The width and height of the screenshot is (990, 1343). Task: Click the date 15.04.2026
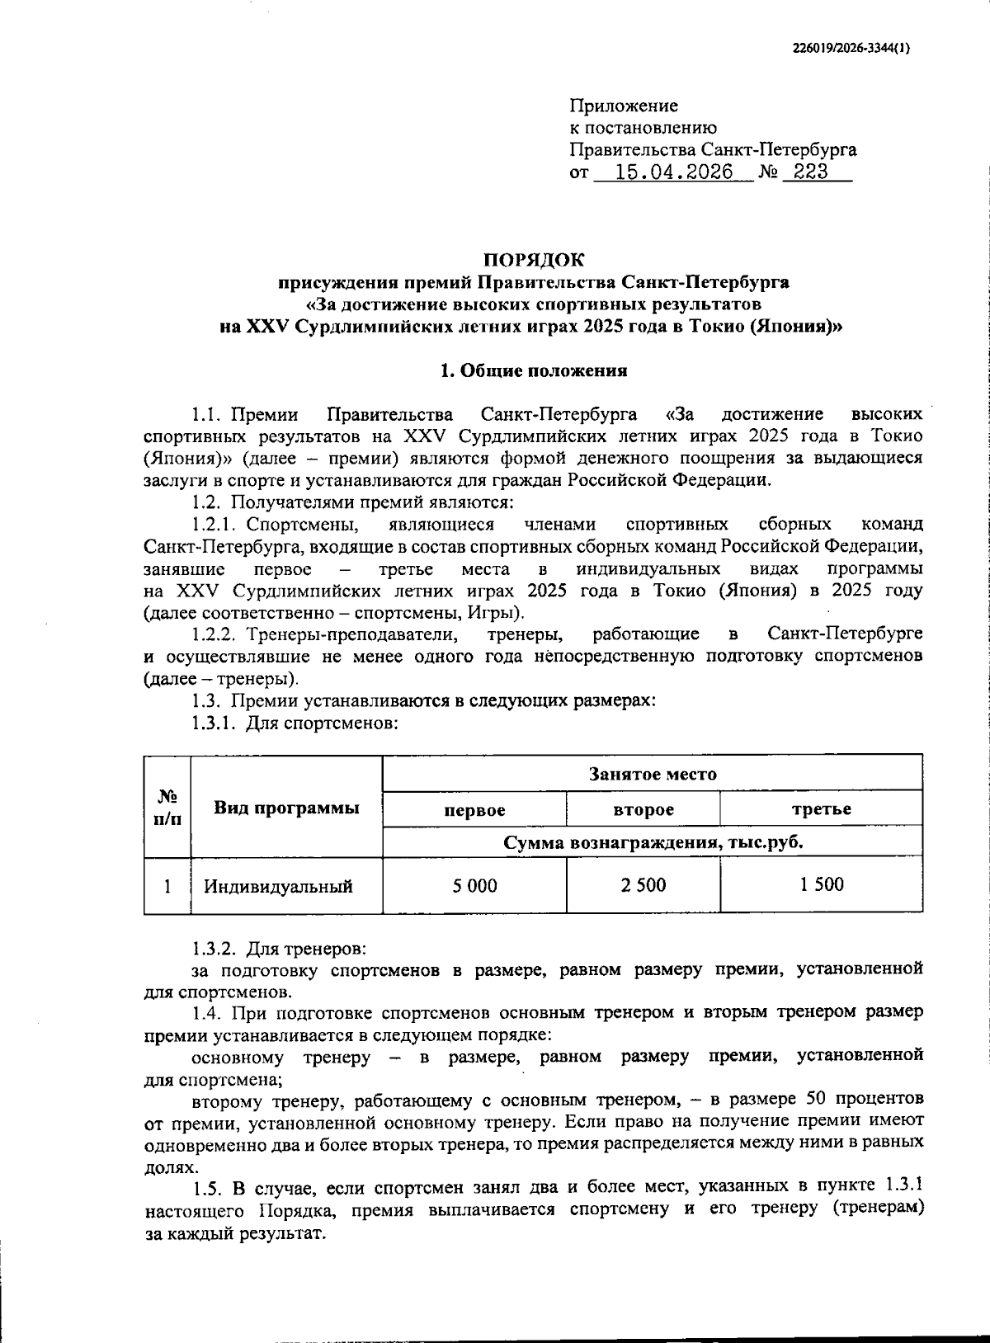[674, 172]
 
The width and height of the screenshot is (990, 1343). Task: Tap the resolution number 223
[804, 172]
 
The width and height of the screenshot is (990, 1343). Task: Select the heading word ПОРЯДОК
[533, 260]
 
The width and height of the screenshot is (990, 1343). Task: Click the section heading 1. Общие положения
[533, 370]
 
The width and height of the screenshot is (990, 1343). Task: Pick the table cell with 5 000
[474, 886]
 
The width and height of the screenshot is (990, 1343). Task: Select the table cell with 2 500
[643, 886]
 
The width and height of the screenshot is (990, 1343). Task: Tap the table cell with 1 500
[821, 885]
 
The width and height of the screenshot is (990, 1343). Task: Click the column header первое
[474, 810]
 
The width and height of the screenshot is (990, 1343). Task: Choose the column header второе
[643, 810]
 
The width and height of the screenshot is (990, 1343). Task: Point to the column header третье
[821, 810]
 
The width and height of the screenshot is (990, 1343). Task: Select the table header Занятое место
[652, 775]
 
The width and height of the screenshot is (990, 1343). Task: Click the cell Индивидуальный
[279, 887]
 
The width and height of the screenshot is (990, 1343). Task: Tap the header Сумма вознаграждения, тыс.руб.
[653, 843]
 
